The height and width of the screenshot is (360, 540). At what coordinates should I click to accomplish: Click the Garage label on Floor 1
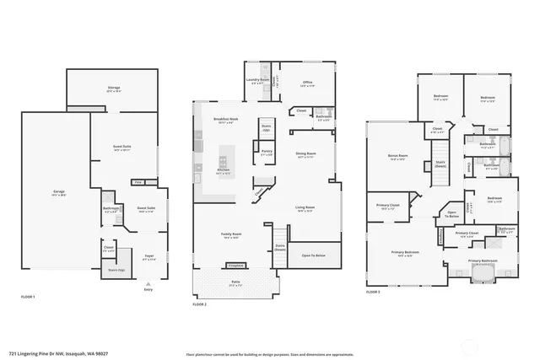click(59, 194)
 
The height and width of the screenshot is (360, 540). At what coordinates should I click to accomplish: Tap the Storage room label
click(113, 88)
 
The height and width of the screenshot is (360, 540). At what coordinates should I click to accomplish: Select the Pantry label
click(267, 154)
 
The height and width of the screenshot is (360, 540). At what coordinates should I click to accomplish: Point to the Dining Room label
click(305, 154)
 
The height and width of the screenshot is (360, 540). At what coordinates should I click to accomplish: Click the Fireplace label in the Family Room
click(237, 265)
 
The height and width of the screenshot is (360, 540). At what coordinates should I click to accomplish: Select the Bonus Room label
click(397, 157)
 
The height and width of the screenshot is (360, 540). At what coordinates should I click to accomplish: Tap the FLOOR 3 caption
click(373, 292)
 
